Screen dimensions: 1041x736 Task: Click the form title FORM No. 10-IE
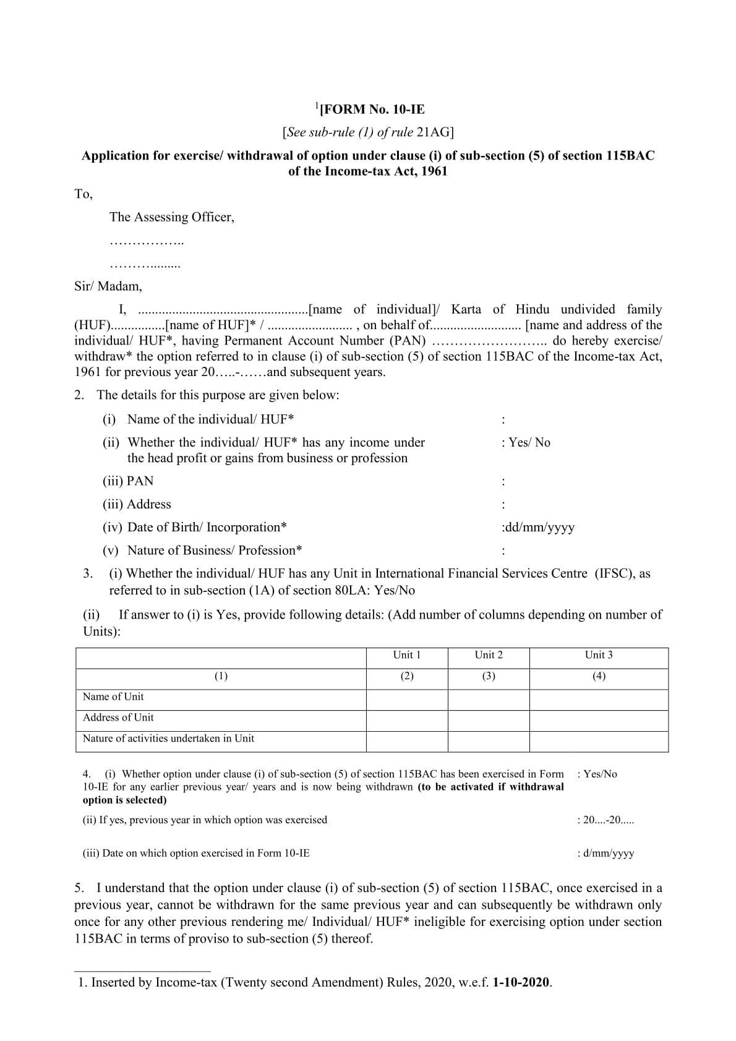point(371,110)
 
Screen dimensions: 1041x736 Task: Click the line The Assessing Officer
point(172,217)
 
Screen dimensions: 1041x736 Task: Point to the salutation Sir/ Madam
point(108,286)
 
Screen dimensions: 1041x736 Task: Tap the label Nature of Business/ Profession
point(214,550)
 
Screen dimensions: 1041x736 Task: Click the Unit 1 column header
point(406,655)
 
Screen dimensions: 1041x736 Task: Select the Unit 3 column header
point(598,655)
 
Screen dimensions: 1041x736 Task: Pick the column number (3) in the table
point(488,676)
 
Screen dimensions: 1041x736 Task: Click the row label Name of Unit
point(113,696)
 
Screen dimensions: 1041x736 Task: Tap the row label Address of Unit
point(118,718)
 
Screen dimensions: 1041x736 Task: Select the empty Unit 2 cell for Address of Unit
point(488,721)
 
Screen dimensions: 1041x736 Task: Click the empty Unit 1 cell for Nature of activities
point(406,741)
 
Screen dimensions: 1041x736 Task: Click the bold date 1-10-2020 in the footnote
point(521,982)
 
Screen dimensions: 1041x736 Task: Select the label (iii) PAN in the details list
point(128,481)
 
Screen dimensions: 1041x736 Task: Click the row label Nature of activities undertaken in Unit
point(168,739)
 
